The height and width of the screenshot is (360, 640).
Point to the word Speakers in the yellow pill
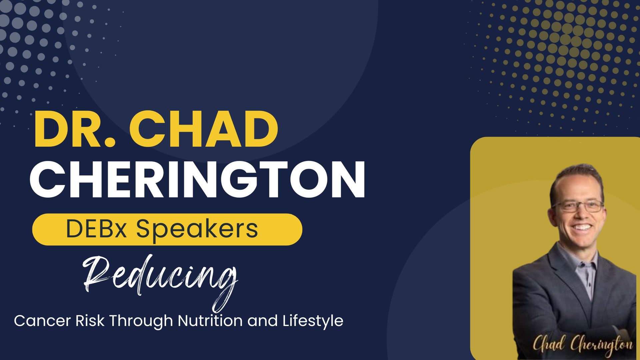pyautogui.click(x=197, y=230)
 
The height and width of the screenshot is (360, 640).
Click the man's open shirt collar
pyautogui.click(x=578, y=263)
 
